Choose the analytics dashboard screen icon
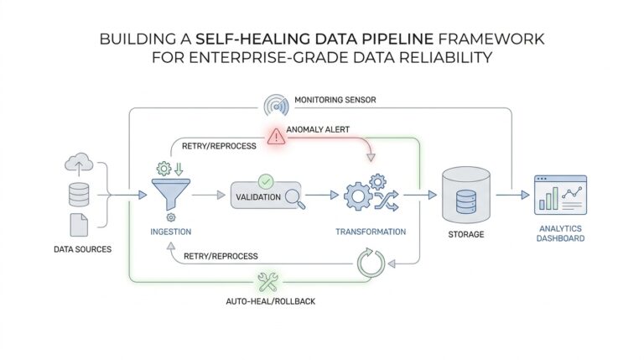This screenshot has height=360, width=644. coord(561,195)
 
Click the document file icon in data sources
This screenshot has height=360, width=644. coord(78,225)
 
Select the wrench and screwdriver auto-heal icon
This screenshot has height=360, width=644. coord(269,282)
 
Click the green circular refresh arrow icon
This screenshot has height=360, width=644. coord(370,262)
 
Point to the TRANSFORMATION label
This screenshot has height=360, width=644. coord(371,232)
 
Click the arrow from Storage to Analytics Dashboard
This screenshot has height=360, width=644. coord(512,195)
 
